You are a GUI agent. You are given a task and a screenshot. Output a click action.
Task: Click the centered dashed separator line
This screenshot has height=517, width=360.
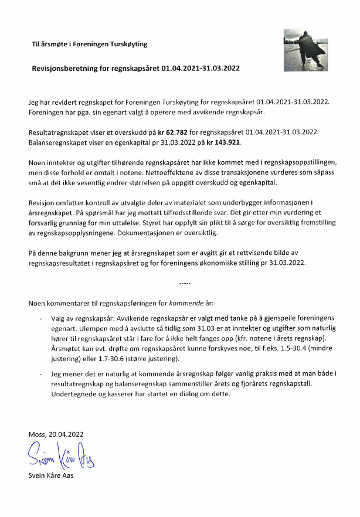(x=184, y=284)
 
